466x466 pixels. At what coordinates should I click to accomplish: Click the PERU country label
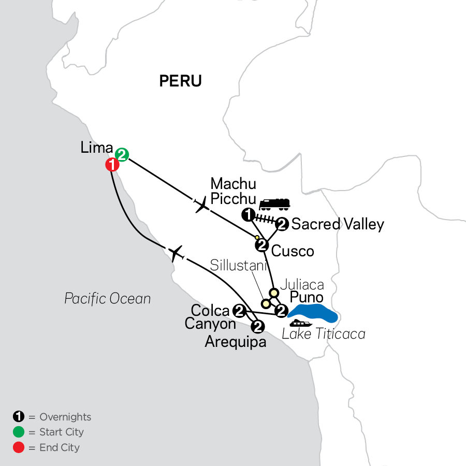pyautogui.click(x=180, y=81)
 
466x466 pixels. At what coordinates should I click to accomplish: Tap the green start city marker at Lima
pyautogui.click(x=122, y=154)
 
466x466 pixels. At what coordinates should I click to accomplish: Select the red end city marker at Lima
pyautogui.click(x=112, y=165)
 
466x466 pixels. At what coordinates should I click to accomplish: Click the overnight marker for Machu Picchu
pyautogui.click(x=249, y=214)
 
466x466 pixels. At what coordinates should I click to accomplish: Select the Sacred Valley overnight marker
pyautogui.click(x=282, y=224)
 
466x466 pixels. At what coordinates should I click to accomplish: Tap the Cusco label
pyautogui.click(x=293, y=251)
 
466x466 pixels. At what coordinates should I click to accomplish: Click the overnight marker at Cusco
pyautogui.click(x=263, y=245)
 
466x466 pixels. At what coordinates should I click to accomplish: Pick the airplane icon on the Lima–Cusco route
pyautogui.click(x=201, y=205)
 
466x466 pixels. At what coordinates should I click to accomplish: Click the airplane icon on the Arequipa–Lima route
pyautogui.click(x=176, y=253)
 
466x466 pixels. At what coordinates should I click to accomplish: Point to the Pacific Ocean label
pyautogui.click(x=108, y=298)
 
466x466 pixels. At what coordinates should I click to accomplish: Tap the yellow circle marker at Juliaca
pyautogui.click(x=274, y=294)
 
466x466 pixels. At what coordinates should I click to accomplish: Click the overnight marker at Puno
pyautogui.click(x=281, y=311)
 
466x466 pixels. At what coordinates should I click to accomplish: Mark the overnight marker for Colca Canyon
pyautogui.click(x=239, y=311)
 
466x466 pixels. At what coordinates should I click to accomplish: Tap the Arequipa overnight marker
pyautogui.click(x=257, y=327)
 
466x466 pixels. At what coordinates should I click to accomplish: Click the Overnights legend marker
pyautogui.click(x=19, y=417)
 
